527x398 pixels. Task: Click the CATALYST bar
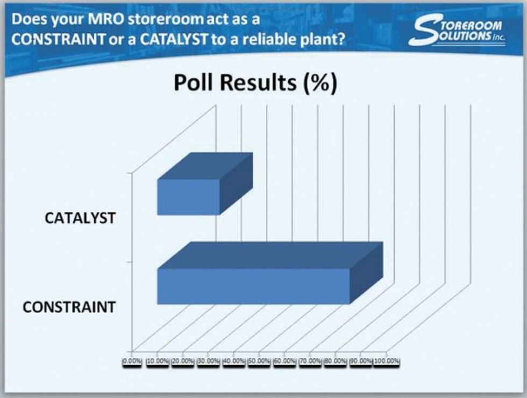189,197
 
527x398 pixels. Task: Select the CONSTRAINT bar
253,286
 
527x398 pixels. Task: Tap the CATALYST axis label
81,219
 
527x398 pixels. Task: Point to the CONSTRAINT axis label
69,308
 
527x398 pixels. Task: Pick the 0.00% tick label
132,361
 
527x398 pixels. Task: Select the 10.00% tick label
158,361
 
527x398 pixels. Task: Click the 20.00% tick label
183,361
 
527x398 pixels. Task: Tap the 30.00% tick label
209,361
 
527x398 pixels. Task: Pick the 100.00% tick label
387,361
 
